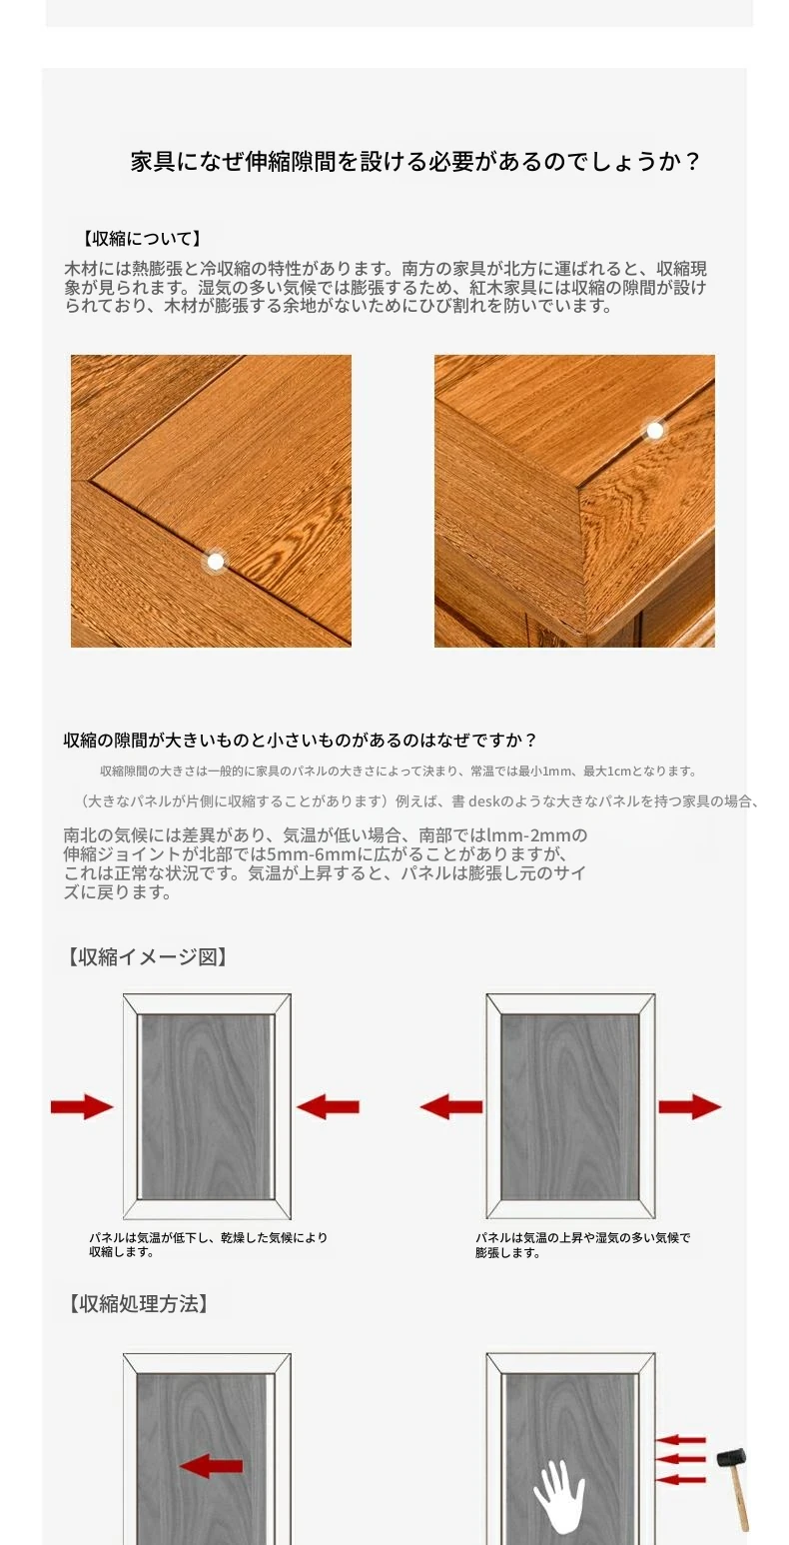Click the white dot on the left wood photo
click(x=216, y=562)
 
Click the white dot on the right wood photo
click(x=654, y=431)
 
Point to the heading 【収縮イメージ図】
click(x=147, y=956)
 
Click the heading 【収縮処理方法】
click(x=138, y=1303)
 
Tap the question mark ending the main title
click(x=692, y=162)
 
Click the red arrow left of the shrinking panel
click(x=82, y=1106)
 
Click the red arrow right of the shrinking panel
click(x=328, y=1106)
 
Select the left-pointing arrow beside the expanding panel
click(x=451, y=1106)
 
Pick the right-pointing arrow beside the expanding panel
click(x=690, y=1106)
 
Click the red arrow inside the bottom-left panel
click(x=211, y=1465)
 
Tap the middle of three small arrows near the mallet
click(x=680, y=1459)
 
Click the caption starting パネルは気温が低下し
click(x=208, y=1244)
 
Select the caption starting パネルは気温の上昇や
click(x=583, y=1245)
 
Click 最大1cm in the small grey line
click(x=607, y=771)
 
